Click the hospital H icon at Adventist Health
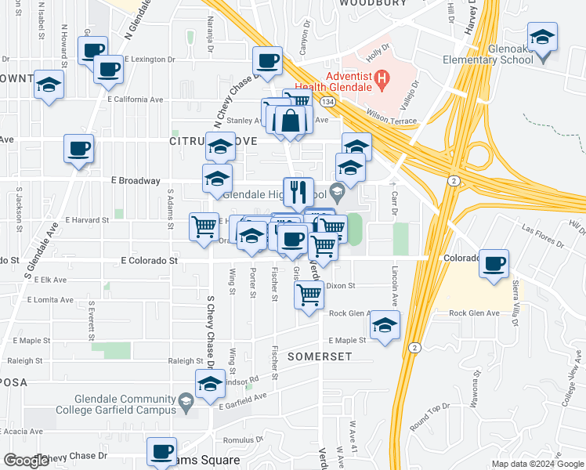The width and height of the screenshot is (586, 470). pyautogui.click(x=382, y=78)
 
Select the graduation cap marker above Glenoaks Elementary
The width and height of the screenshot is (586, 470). pyautogui.click(x=542, y=37)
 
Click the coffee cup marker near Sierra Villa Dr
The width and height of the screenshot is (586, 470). pyautogui.click(x=494, y=263)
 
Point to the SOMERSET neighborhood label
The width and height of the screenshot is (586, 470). pyautogui.click(x=319, y=356)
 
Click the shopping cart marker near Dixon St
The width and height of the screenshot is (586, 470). pyautogui.click(x=309, y=295)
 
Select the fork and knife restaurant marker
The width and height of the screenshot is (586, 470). pyautogui.click(x=298, y=191)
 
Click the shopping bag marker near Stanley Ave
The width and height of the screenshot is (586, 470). pyautogui.click(x=290, y=121)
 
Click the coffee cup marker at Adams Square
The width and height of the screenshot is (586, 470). pyautogui.click(x=162, y=451)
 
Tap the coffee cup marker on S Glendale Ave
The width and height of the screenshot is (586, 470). pyautogui.click(x=78, y=148)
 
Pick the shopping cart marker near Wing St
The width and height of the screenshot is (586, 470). pyautogui.click(x=204, y=226)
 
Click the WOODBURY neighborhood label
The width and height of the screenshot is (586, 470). pyautogui.click(x=374, y=4)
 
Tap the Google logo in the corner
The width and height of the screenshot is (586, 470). pyautogui.click(x=27, y=461)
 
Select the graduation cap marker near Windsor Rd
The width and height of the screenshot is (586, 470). pyautogui.click(x=209, y=385)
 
